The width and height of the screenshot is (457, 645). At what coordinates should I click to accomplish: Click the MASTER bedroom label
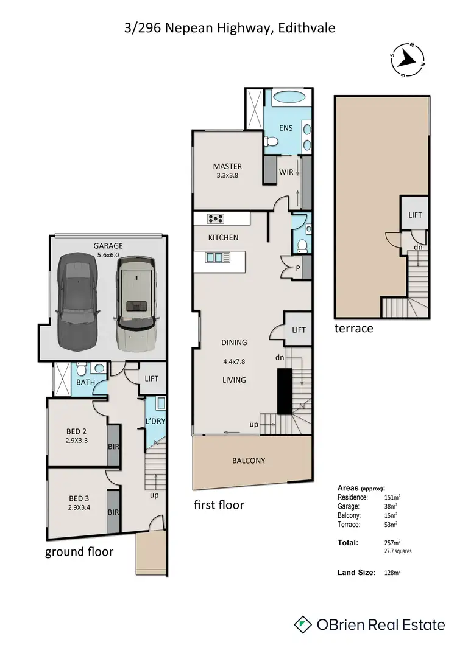pos(227,166)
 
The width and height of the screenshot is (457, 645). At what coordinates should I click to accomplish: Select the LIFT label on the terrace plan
pos(415,215)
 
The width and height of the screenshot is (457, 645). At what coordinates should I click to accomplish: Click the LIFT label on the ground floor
pos(151,378)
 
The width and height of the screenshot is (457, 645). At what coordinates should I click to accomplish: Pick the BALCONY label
pos(248,461)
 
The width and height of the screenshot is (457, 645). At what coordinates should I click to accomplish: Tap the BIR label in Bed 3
pos(113,512)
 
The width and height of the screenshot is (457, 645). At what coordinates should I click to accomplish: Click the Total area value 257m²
pos(392,542)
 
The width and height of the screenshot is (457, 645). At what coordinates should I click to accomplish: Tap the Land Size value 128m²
pos(392,573)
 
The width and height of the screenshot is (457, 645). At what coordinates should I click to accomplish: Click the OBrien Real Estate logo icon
pos(303,624)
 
